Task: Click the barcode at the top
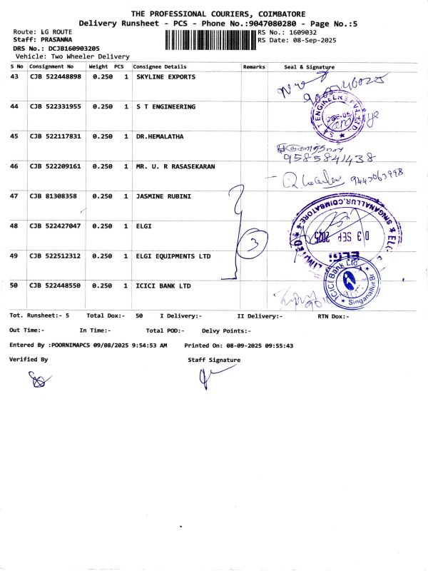click(210, 41)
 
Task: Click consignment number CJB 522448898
click(54, 76)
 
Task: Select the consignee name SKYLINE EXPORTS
click(165, 76)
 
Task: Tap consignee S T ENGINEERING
click(165, 106)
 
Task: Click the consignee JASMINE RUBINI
click(163, 196)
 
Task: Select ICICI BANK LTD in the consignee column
click(163, 285)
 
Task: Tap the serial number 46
click(14, 166)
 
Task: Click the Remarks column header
click(254, 66)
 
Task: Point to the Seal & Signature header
click(309, 66)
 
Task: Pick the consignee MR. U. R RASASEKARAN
click(175, 166)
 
